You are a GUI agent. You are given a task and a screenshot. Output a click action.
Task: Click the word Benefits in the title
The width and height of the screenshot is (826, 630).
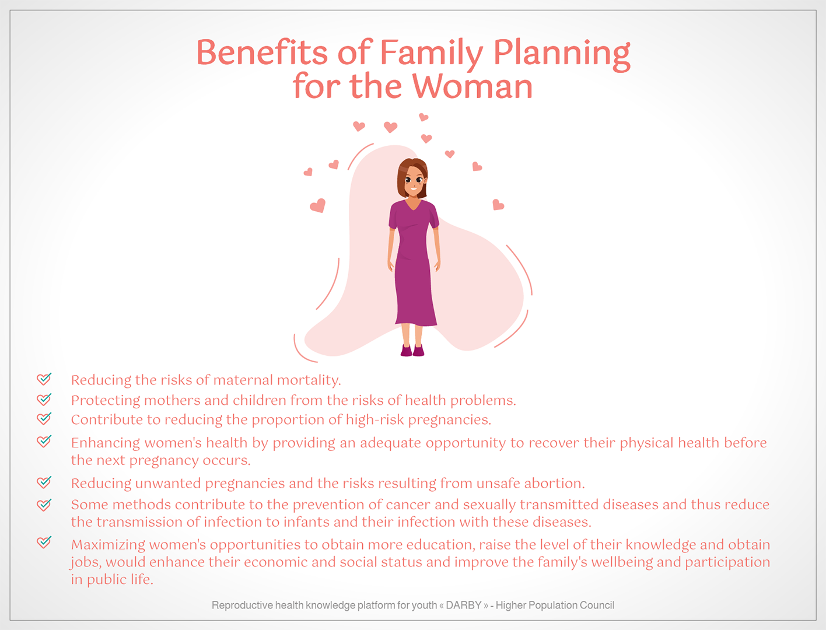click(262, 52)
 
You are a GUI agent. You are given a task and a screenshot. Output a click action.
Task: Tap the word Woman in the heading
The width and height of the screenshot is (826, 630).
click(473, 86)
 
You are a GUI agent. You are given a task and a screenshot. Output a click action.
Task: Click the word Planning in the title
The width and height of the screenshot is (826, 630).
click(562, 54)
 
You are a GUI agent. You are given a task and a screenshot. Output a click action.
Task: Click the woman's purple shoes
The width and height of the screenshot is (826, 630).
click(412, 351)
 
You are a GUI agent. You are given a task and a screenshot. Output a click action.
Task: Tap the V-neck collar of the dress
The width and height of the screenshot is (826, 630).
click(413, 205)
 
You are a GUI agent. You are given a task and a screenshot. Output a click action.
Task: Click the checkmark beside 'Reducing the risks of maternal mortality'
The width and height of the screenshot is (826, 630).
click(44, 379)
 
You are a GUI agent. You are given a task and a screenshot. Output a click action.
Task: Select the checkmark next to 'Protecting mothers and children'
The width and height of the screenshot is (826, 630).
click(44, 398)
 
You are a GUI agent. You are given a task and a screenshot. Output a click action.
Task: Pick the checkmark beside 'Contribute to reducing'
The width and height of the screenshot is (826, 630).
click(44, 418)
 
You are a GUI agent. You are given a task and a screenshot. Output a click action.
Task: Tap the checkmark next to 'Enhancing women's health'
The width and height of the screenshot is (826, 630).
click(44, 441)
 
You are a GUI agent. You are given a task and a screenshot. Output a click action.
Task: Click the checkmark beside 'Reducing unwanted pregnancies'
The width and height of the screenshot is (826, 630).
click(44, 482)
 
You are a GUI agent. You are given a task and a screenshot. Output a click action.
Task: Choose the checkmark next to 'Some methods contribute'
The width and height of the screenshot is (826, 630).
click(44, 505)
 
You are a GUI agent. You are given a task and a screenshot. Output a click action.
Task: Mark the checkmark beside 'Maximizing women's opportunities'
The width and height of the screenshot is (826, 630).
click(44, 542)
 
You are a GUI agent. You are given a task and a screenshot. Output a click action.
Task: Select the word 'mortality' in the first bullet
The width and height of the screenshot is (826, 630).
click(309, 380)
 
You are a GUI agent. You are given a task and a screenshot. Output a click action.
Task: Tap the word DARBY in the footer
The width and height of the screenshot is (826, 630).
click(464, 605)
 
